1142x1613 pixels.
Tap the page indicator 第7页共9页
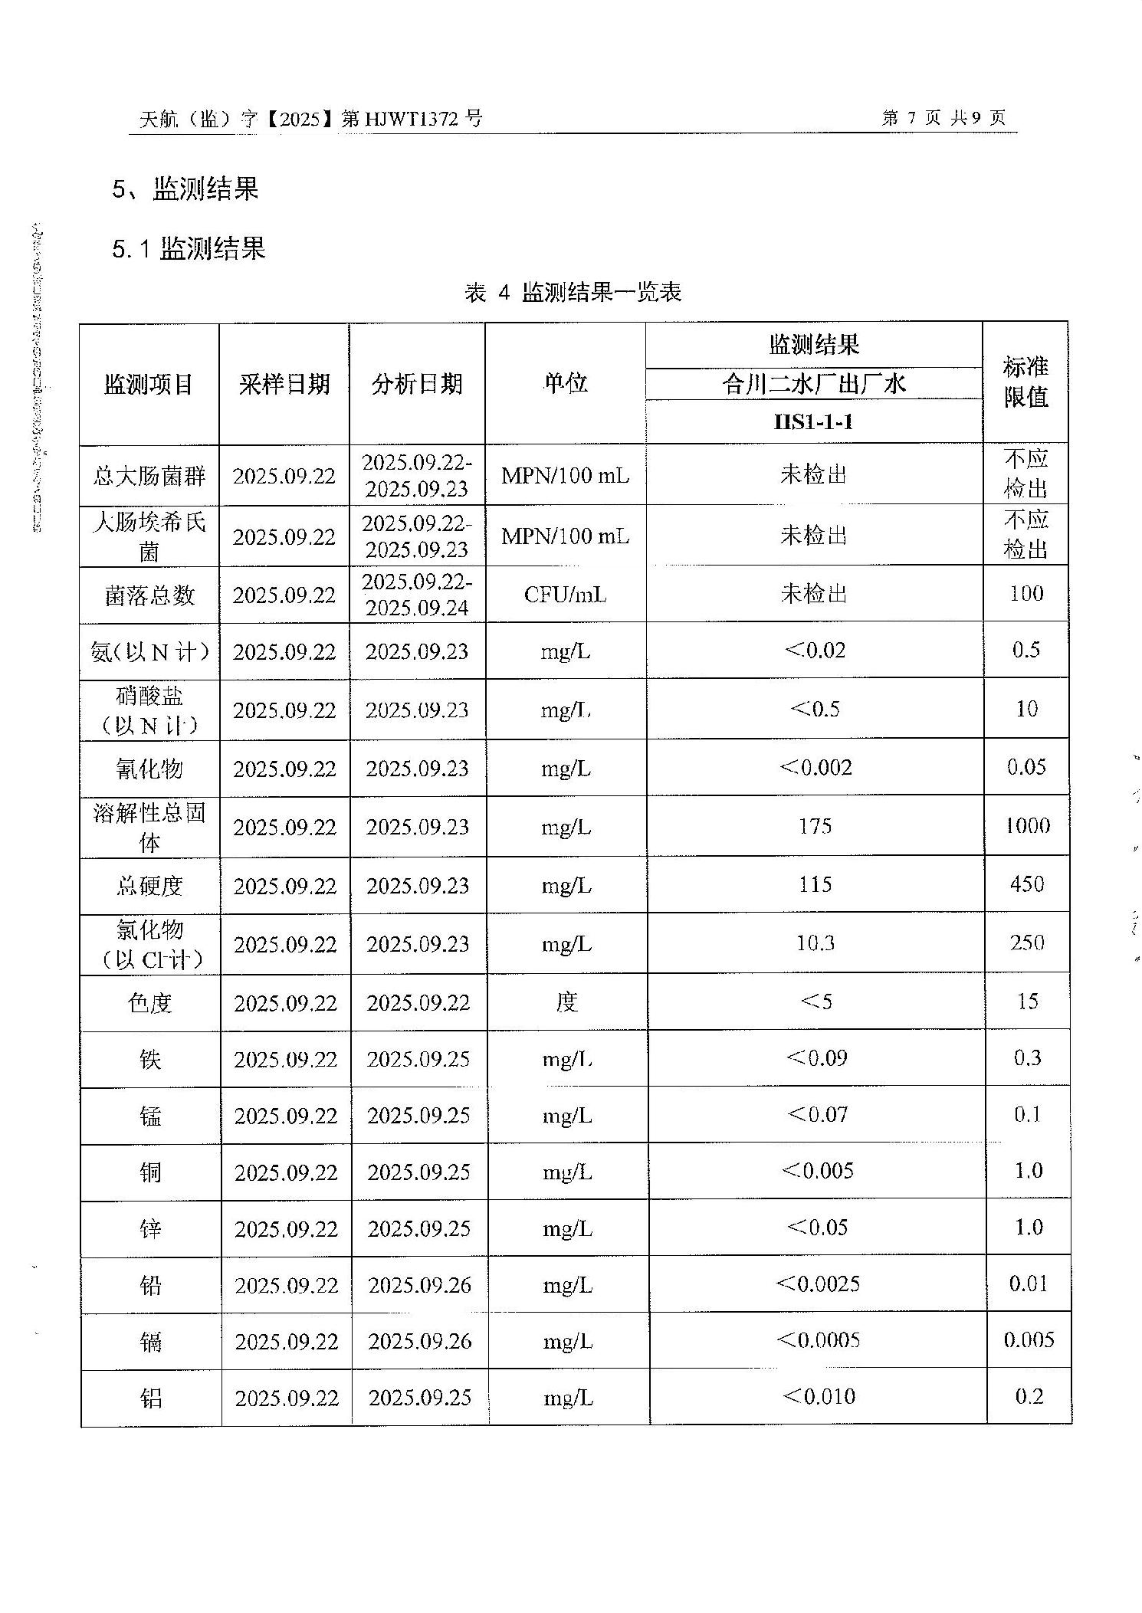click(x=943, y=118)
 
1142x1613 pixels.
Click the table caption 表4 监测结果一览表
click(x=573, y=292)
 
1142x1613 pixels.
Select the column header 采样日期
click(x=284, y=384)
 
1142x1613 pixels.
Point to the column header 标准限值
click(x=1026, y=382)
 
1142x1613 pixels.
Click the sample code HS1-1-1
click(x=813, y=422)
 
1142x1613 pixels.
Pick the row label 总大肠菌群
click(x=149, y=476)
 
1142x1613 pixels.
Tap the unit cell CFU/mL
click(x=565, y=595)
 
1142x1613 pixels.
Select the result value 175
click(x=815, y=826)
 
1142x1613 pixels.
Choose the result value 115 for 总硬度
click(x=815, y=884)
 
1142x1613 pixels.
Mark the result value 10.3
click(x=815, y=943)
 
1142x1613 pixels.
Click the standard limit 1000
click(x=1027, y=825)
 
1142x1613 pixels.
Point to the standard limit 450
click(x=1027, y=884)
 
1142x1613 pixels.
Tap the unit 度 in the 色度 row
click(x=566, y=1002)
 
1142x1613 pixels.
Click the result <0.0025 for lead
click(x=818, y=1284)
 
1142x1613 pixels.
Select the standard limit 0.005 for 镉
click(x=1029, y=1340)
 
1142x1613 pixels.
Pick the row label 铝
click(x=151, y=1398)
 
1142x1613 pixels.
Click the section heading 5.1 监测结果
click(x=189, y=249)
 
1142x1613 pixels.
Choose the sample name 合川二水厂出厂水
click(x=813, y=383)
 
